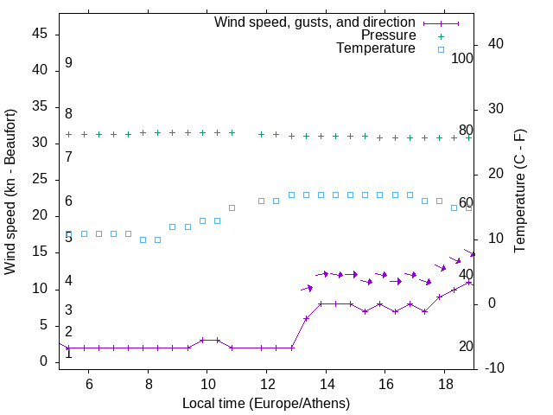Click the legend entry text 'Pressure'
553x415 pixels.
pos(388,35)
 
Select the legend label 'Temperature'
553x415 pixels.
pos(376,48)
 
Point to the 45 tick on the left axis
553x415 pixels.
pos(40,34)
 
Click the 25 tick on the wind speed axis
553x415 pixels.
pos(40,180)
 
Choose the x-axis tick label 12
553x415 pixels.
pos(266,385)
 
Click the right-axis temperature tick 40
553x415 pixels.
pos(496,44)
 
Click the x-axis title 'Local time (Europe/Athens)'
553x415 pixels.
pos(266,404)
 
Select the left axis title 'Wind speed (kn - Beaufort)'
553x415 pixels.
pos(10,192)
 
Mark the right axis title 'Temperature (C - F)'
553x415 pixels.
pos(519,192)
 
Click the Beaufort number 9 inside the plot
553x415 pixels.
pos(68,63)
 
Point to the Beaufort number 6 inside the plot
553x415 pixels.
pos(68,201)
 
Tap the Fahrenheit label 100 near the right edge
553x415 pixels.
pos(462,58)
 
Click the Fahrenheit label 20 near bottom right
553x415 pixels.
pos(466,346)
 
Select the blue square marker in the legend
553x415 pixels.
pos(441,49)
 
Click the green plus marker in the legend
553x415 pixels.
pos(441,36)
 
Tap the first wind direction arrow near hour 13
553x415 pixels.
pos(307,288)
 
